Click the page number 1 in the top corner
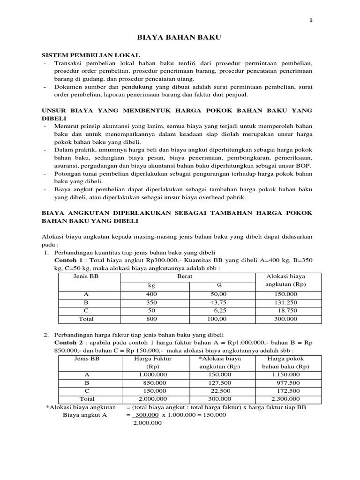(310, 20)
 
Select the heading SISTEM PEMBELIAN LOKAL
(91, 55)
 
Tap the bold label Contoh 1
(69, 260)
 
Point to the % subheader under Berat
(219, 285)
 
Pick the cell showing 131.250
(288, 302)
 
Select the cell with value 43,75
(219, 302)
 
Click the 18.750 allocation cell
(288, 311)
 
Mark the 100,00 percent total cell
(219, 319)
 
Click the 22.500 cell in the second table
(219, 391)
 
